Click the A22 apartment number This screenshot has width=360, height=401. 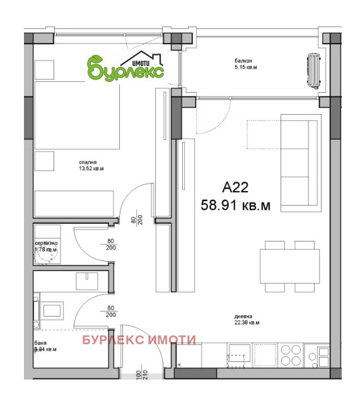[236, 187]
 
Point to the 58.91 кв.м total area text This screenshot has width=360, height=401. [235, 205]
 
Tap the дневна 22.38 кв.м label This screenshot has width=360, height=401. [245, 320]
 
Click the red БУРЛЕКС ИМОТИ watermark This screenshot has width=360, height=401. [139, 340]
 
